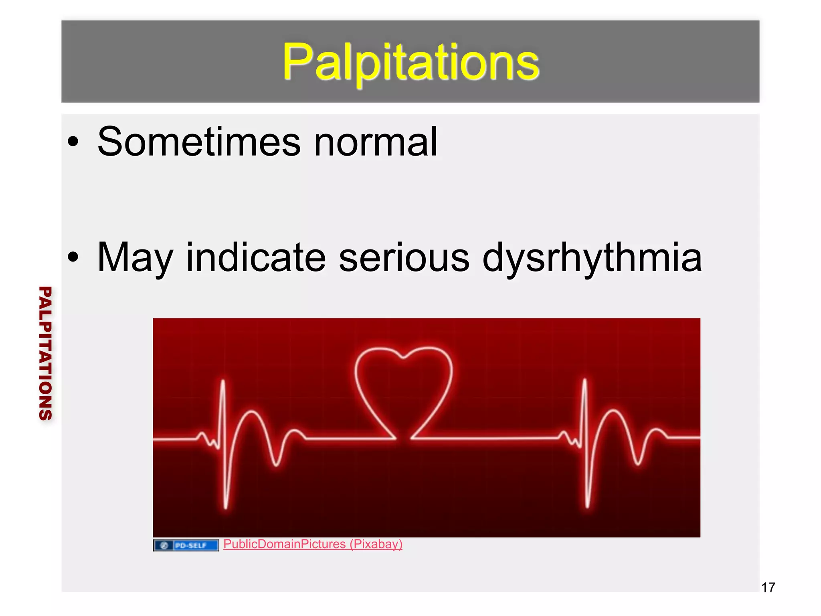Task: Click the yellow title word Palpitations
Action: pos(410,62)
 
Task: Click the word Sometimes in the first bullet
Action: pos(199,142)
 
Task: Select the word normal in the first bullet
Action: pos(375,142)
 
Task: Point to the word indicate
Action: pos(256,257)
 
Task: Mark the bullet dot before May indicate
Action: pos(73,257)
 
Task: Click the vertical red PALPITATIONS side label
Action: pos(45,353)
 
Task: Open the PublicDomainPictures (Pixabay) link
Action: pos(313,544)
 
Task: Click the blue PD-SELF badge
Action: pos(186,545)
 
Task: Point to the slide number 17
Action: pos(768,588)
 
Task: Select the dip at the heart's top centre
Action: pos(404,357)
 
